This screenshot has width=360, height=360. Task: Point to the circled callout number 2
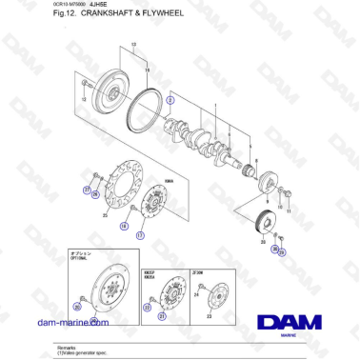pyautogui.click(x=170, y=99)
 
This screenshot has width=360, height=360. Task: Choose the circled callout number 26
pyautogui.click(x=92, y=199)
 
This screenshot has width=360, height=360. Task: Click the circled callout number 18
pyautogui.click(x=124, y=227)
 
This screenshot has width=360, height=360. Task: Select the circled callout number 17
pyautogui.click(x=140, y=234)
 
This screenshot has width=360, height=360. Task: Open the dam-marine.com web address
pyautogui.click(x=72, y=323)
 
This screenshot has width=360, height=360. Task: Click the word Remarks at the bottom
pyautogui.click(x=67, y=348)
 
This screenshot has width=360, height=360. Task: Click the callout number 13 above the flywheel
pyautogui.click(x=133, y=45)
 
